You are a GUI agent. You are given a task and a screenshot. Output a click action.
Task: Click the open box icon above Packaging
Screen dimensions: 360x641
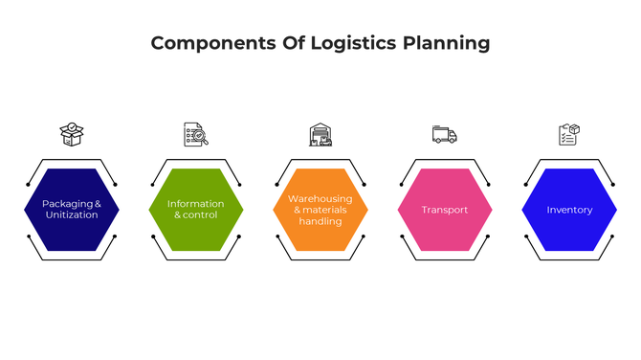72,134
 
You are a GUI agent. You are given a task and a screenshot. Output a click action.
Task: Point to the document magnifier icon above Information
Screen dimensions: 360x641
196,134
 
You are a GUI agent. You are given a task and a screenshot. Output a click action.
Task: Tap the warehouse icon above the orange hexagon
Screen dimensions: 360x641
320,134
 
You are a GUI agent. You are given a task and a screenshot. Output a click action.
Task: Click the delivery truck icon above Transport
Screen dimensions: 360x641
445,134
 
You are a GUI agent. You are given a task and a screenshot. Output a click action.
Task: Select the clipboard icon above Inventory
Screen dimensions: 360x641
569,134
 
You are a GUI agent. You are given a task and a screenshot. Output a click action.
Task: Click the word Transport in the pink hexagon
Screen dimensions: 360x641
445,210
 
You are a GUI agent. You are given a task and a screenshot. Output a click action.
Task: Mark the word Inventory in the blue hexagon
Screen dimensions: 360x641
569,210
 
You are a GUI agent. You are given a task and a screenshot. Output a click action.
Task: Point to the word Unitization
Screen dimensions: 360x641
72,215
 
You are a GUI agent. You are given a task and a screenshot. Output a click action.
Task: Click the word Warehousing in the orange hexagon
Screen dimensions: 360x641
320,198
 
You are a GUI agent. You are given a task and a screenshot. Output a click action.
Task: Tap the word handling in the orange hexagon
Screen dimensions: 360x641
320,221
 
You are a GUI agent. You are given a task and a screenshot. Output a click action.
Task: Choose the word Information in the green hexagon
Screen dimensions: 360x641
196,204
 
